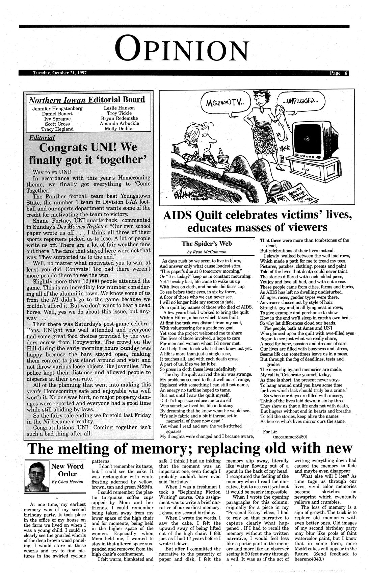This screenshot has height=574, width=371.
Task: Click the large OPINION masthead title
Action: (185, 50)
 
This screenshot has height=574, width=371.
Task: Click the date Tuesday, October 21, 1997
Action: (60, 73)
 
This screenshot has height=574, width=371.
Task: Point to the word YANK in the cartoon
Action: (284, 148)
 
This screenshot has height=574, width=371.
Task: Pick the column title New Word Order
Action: (67, 470)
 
